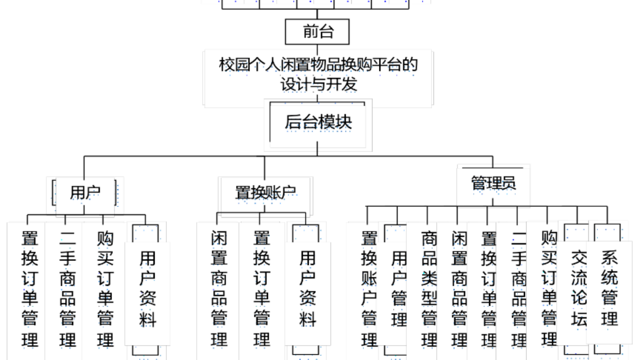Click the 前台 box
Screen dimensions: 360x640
318,32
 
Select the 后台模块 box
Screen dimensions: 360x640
318,122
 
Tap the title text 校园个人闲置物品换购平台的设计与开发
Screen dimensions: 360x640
318,75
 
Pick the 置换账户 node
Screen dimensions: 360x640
266,194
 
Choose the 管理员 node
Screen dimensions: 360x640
493,183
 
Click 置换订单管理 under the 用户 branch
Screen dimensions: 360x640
30,288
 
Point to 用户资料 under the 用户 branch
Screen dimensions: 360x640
147,288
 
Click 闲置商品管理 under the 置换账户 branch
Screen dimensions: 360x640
219,288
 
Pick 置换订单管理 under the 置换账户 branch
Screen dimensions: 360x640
261,288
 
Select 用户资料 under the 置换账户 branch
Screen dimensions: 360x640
307,288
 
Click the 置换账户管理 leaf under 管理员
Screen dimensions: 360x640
370,288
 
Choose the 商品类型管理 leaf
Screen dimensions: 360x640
429,288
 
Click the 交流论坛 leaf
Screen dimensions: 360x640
578,288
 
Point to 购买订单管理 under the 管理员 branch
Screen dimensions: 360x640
549,288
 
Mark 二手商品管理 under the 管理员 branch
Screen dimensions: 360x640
519,288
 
